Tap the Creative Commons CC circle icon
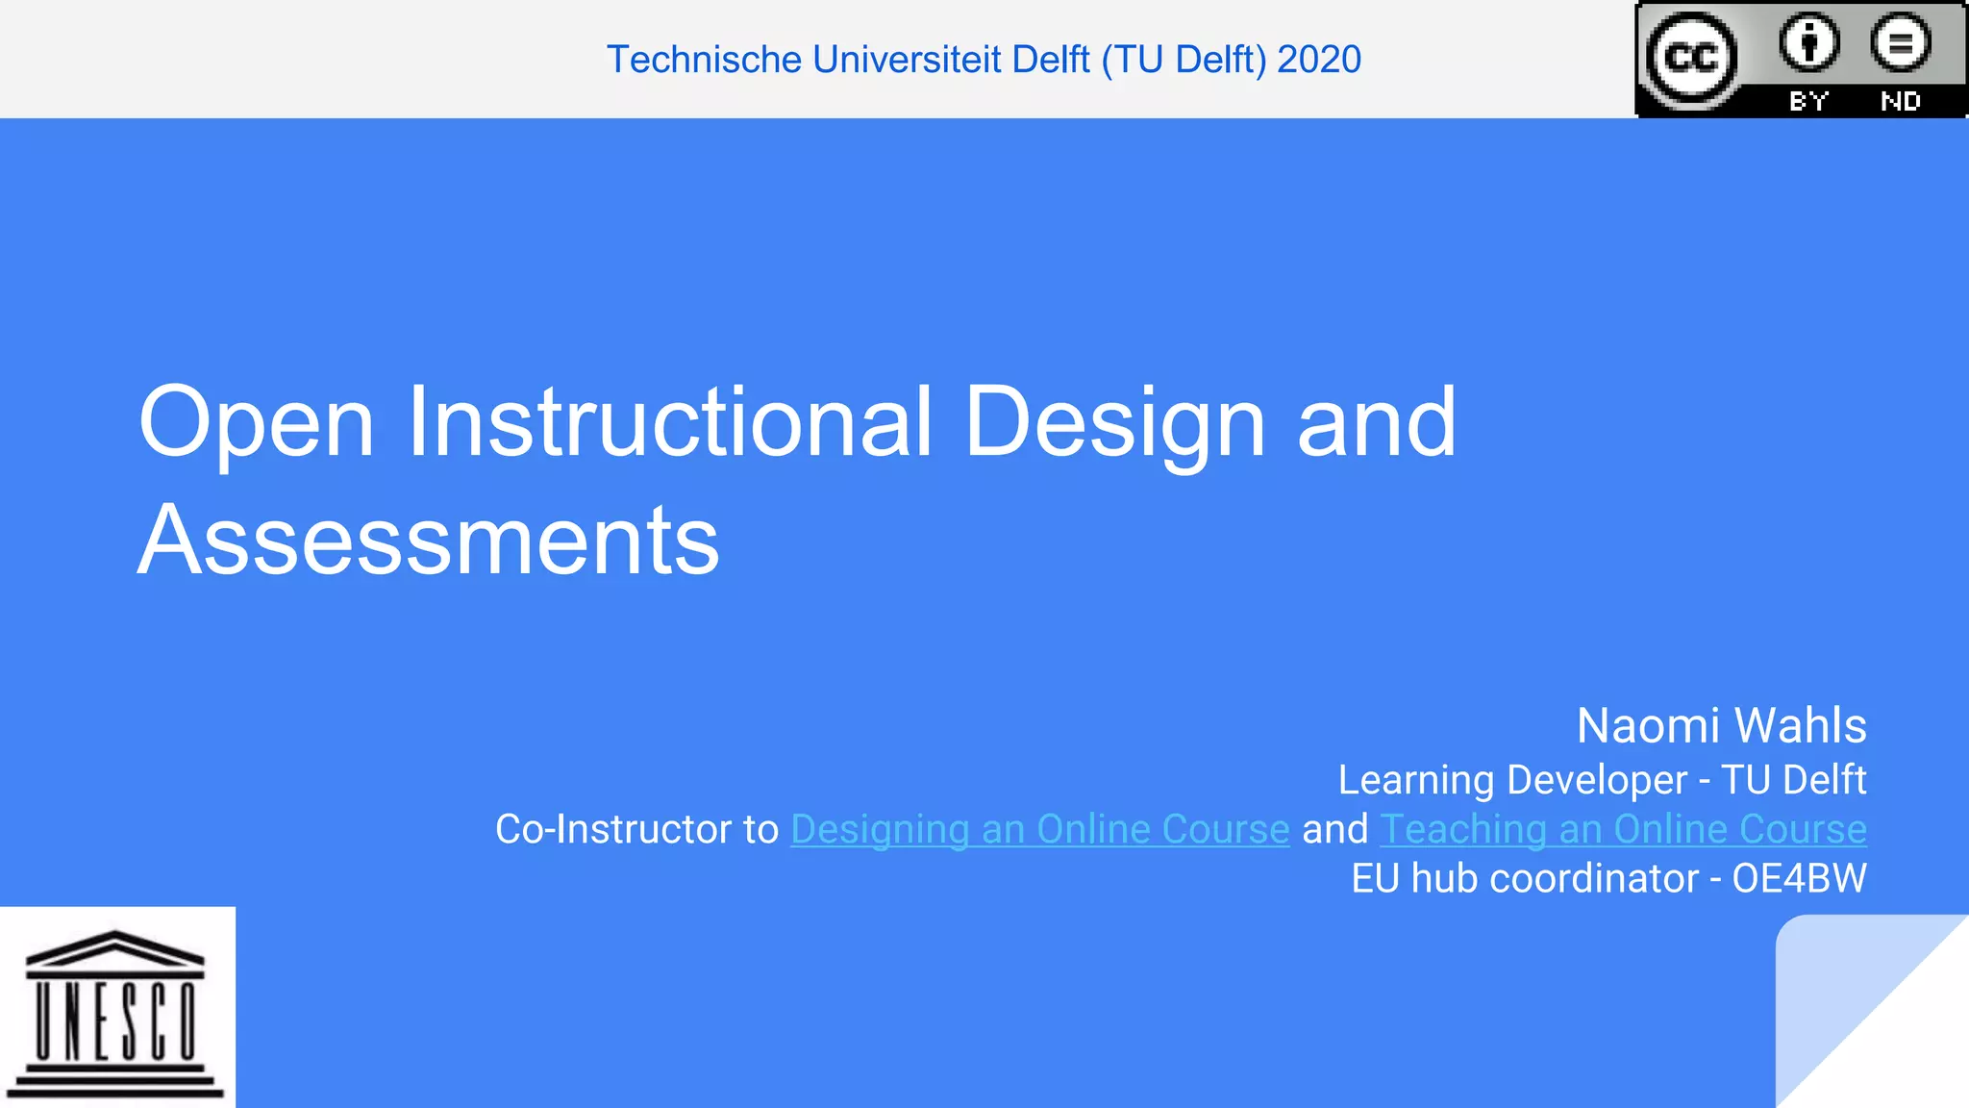[1691, 58]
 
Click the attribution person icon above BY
[1808, 42]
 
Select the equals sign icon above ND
[1900, 42]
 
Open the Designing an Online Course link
[1039, 829]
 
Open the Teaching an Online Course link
[1623, 829]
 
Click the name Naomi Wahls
[1721, 725]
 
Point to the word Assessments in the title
[429, 541]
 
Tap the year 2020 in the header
[1319, 60]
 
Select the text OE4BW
[1799, 878]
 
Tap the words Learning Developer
[1512, 780]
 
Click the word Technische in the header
[704, 60]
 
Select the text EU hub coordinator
[1525, 878]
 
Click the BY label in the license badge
[1808, 101]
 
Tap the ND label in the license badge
[1900, 101]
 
